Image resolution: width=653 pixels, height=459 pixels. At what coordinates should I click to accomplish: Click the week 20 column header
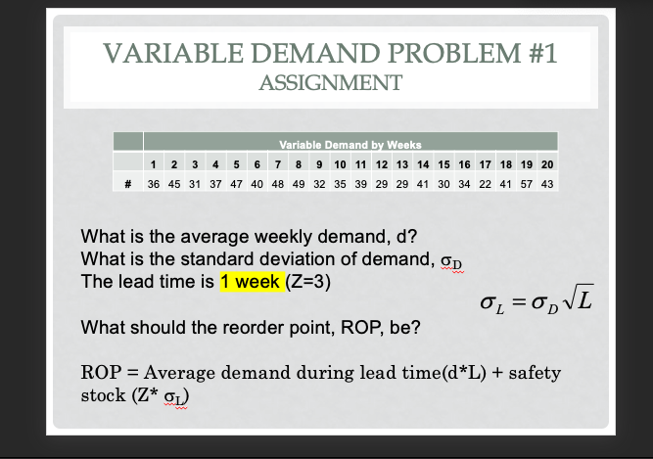[x=547, y=163]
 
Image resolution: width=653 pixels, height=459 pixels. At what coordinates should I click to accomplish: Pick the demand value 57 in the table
[x=526, y=183]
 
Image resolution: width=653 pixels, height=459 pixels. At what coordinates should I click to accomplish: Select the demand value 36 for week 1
[x=155, y=183]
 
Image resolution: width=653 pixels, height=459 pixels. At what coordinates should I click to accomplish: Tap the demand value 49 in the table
[x=299, y=183]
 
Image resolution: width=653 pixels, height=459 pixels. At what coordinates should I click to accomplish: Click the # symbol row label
[x=128, y=183]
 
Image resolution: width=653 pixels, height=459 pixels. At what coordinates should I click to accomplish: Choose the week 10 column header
[x=339, y=163]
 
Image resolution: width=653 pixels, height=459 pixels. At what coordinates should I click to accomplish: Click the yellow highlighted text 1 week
[x=252, y=282]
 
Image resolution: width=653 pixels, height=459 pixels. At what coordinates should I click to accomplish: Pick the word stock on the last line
[x=100, y=397]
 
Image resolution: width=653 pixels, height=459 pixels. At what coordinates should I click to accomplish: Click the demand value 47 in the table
[x=234, y=183]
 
